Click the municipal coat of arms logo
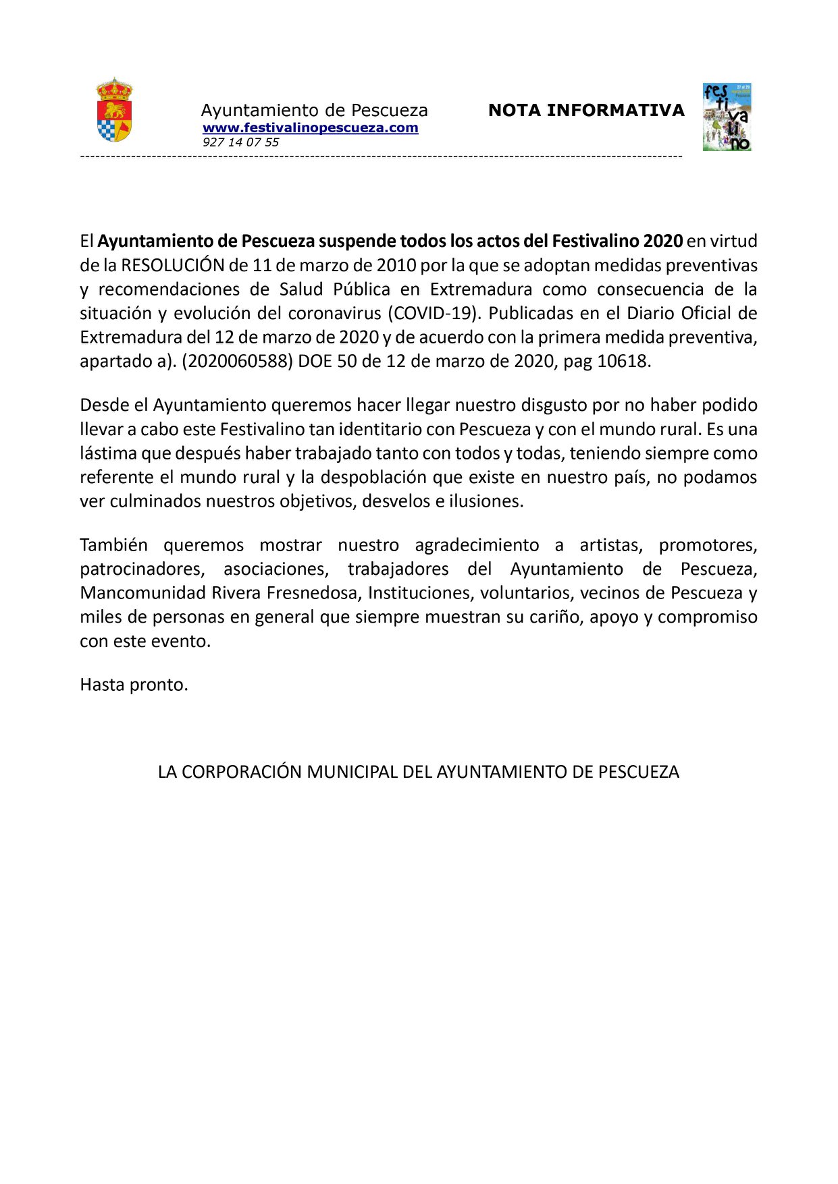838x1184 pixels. pyautogui.click(x=114, y=110)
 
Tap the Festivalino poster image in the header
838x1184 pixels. pyautogui.click(x=727, y=117)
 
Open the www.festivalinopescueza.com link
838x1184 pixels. pyautogui.click(x=310, y=128)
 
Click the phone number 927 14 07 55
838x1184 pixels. pyautogui.click(x=240, y=142)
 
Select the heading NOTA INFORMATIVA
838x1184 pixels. pyautogui.click(x=586, y=110)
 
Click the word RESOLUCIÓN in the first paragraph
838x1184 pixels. pyautogui.click(x=172, y=265)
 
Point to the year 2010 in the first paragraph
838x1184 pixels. pyautogui.click(x=396, y=265)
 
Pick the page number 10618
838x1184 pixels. pyautogui.click(x=622, y=361)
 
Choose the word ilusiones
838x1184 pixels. pyautogui.click(x=486, y=501)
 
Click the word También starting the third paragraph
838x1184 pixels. pyautogui.click(x=113, y=544)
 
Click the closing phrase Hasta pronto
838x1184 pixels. pyautogui.click(x=134, y=684)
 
